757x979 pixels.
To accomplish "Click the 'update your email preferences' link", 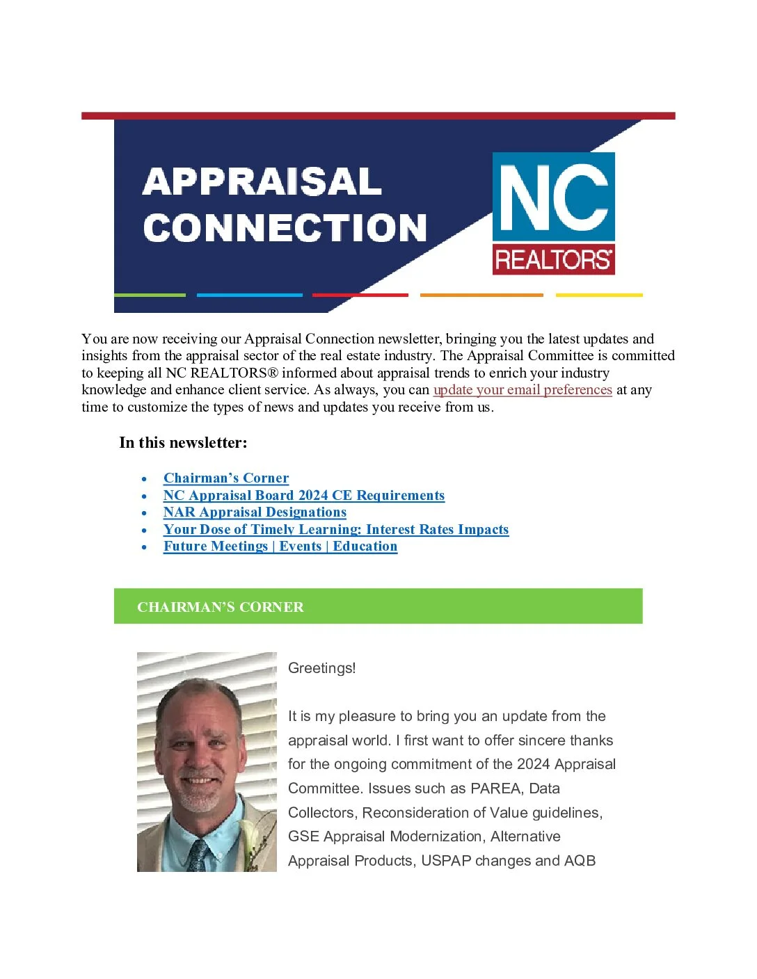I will [x=523, y=390].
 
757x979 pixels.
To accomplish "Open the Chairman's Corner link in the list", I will [x=226, y=478].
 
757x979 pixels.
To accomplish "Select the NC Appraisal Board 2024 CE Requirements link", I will [x=304, y=496].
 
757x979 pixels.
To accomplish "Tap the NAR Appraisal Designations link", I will [x=255, y=512].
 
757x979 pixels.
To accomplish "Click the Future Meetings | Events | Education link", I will [x=280, y=547].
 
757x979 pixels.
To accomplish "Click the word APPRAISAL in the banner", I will [x=262, y=181].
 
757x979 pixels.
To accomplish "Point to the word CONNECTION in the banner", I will [x=285, y=228].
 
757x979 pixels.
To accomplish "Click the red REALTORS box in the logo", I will [x=553, y=259].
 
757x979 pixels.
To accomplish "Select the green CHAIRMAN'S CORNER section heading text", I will [x=220, y=607].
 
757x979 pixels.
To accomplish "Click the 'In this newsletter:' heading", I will [x=183, y=443].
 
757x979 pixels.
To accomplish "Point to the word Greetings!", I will [x=321, y=668].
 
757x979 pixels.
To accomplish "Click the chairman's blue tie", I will [x=198, y=855].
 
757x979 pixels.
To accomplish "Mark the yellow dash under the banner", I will [x=599, y=295].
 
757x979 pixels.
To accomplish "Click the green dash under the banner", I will [x=150, y=295].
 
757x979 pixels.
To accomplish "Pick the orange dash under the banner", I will [x=481, y=295].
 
